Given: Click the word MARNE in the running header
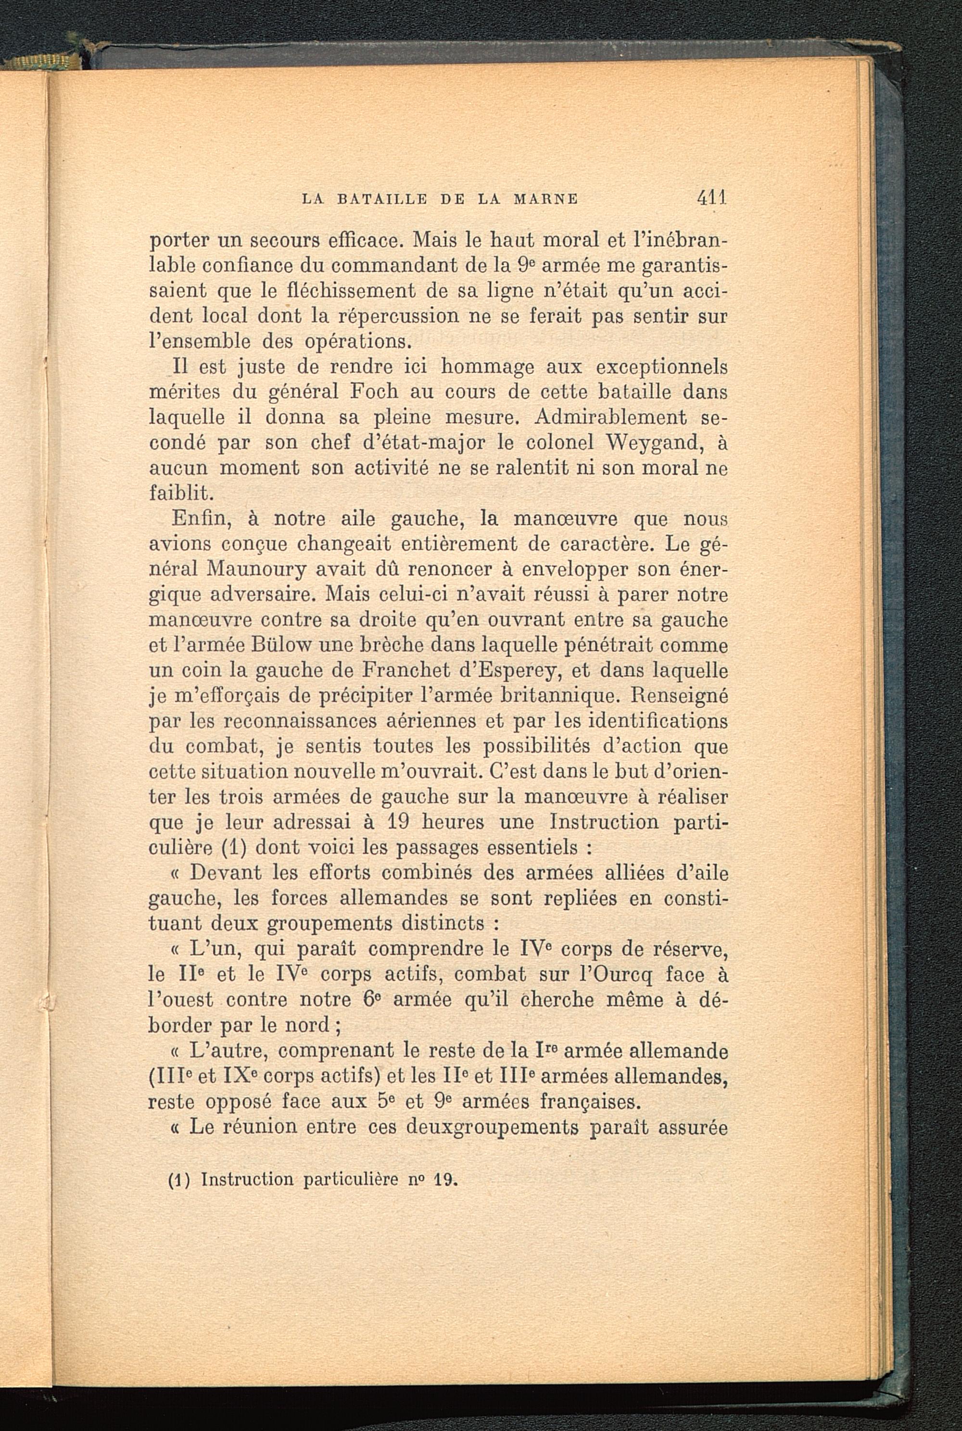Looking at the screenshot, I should click(545, 199).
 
